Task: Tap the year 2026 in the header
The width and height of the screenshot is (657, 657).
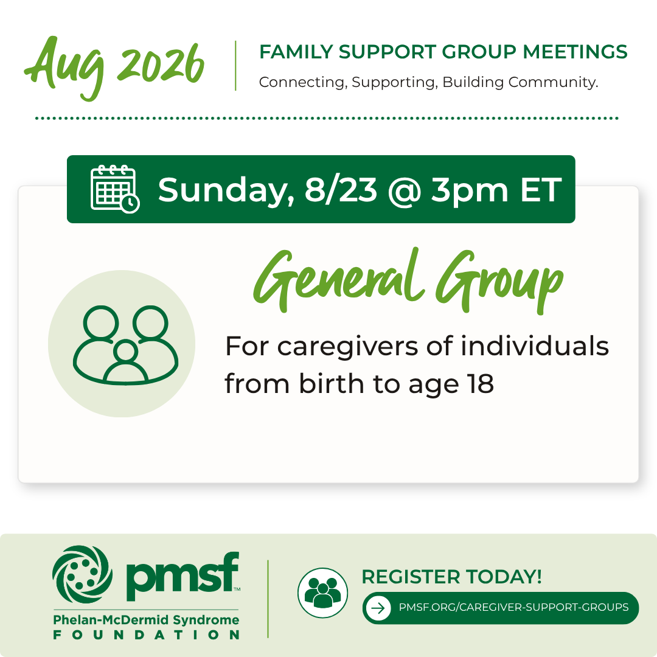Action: [161, 64]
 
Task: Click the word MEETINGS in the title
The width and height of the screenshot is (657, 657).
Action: [575, 52]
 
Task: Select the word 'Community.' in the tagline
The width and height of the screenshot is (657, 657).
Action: [553, 82]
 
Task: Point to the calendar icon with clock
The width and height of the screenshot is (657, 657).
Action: [115, 189]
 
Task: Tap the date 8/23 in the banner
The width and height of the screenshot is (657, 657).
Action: [341, 190]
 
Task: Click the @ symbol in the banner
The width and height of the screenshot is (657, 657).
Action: [405, 192]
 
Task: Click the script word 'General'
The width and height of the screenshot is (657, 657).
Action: [339, 277]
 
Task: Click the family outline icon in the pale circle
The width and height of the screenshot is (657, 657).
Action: [126, 345]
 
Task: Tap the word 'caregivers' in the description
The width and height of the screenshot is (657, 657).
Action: [347, 347]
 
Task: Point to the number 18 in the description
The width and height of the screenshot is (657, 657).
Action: [481, 383]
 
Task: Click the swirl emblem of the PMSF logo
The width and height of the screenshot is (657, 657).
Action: [83, 574]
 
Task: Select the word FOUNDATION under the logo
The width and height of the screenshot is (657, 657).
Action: [146, 634]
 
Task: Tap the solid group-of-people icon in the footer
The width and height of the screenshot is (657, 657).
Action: [322, 593]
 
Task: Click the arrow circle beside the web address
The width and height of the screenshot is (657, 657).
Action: [378, 608]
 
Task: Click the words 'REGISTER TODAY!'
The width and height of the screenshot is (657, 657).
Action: [451, 577]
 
